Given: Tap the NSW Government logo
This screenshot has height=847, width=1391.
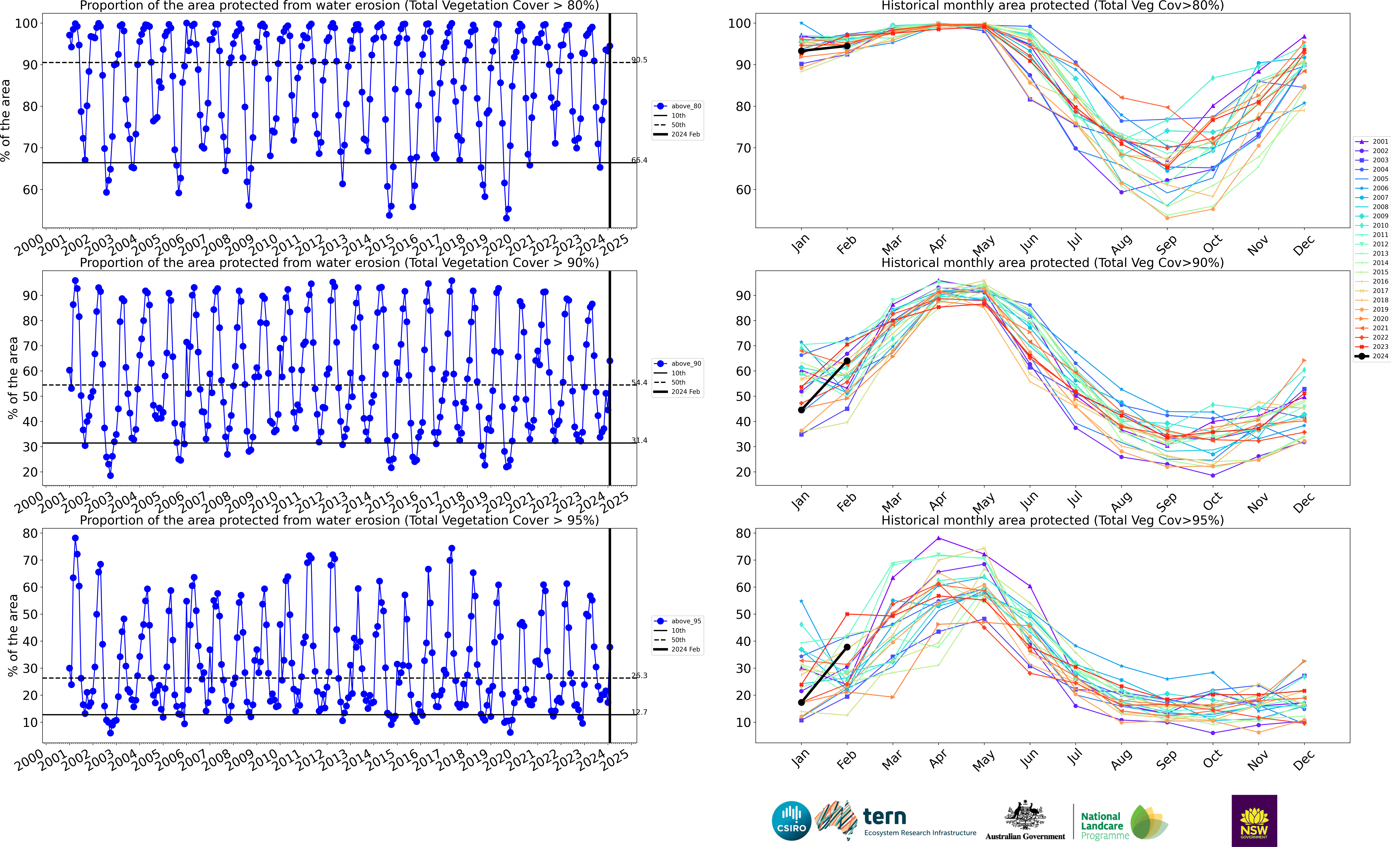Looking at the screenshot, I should click(1254, 820).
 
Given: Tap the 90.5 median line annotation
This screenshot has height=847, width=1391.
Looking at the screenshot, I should click(639, 60).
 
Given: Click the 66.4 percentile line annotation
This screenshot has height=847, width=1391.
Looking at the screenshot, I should click(639, 160).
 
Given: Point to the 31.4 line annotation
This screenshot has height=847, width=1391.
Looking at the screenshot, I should click(639, 440).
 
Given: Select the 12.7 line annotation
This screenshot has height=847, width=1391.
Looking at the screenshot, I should click(639, 712).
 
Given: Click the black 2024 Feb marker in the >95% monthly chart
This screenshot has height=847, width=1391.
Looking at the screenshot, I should click(847, 647).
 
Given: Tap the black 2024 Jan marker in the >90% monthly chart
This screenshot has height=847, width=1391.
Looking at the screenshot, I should click(801, 410).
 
